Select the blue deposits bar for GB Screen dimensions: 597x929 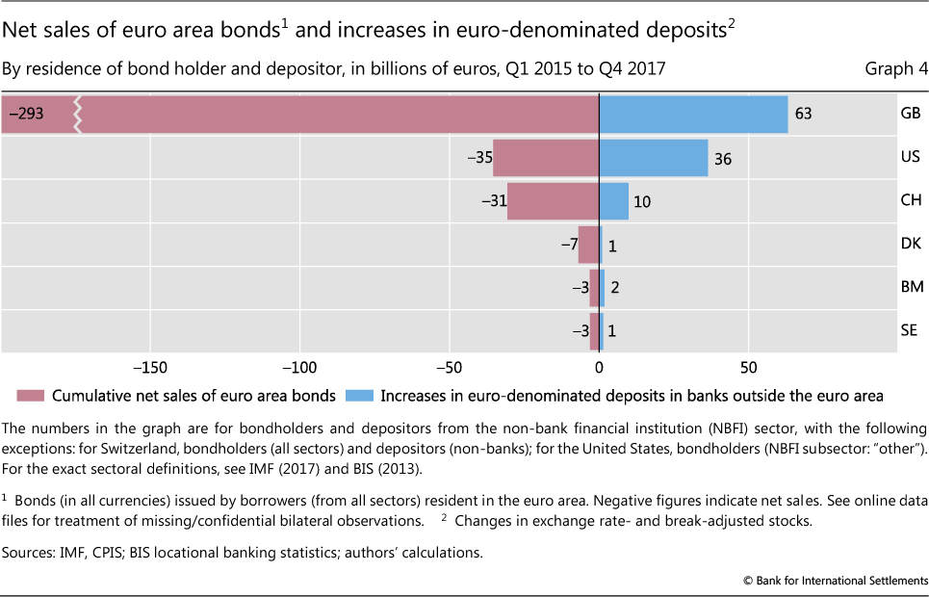point(693,115)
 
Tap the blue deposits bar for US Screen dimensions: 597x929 point(654,158)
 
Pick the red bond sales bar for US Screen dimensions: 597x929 point(546,158)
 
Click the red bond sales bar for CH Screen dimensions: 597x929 point(554,201)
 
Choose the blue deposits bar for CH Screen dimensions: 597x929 point(614,201)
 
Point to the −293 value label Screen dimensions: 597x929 point(26,115)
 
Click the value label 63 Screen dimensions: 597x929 point(803,115)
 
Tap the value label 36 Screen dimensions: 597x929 point(723,159)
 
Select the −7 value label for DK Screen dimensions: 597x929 point(568,245)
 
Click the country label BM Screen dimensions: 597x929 point(910,287)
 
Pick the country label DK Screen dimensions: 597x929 point(910,245)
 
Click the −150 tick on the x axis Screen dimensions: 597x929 point(150,367)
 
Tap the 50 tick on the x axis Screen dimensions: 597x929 point(748,367)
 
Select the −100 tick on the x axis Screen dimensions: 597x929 point(299,367)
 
